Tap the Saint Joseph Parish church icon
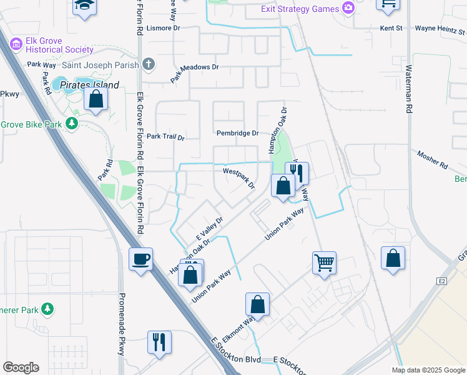click(148, 63)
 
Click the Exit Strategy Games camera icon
click(348, 9)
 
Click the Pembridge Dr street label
click(237, 133)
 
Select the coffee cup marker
click(140, 258)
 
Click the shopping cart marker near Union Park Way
click(324, 262)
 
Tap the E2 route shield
click(443, 282)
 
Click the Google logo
click(21, 367)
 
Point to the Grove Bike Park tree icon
click(72, 124)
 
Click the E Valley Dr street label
click(210, 229)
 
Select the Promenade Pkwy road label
click(122, 324)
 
